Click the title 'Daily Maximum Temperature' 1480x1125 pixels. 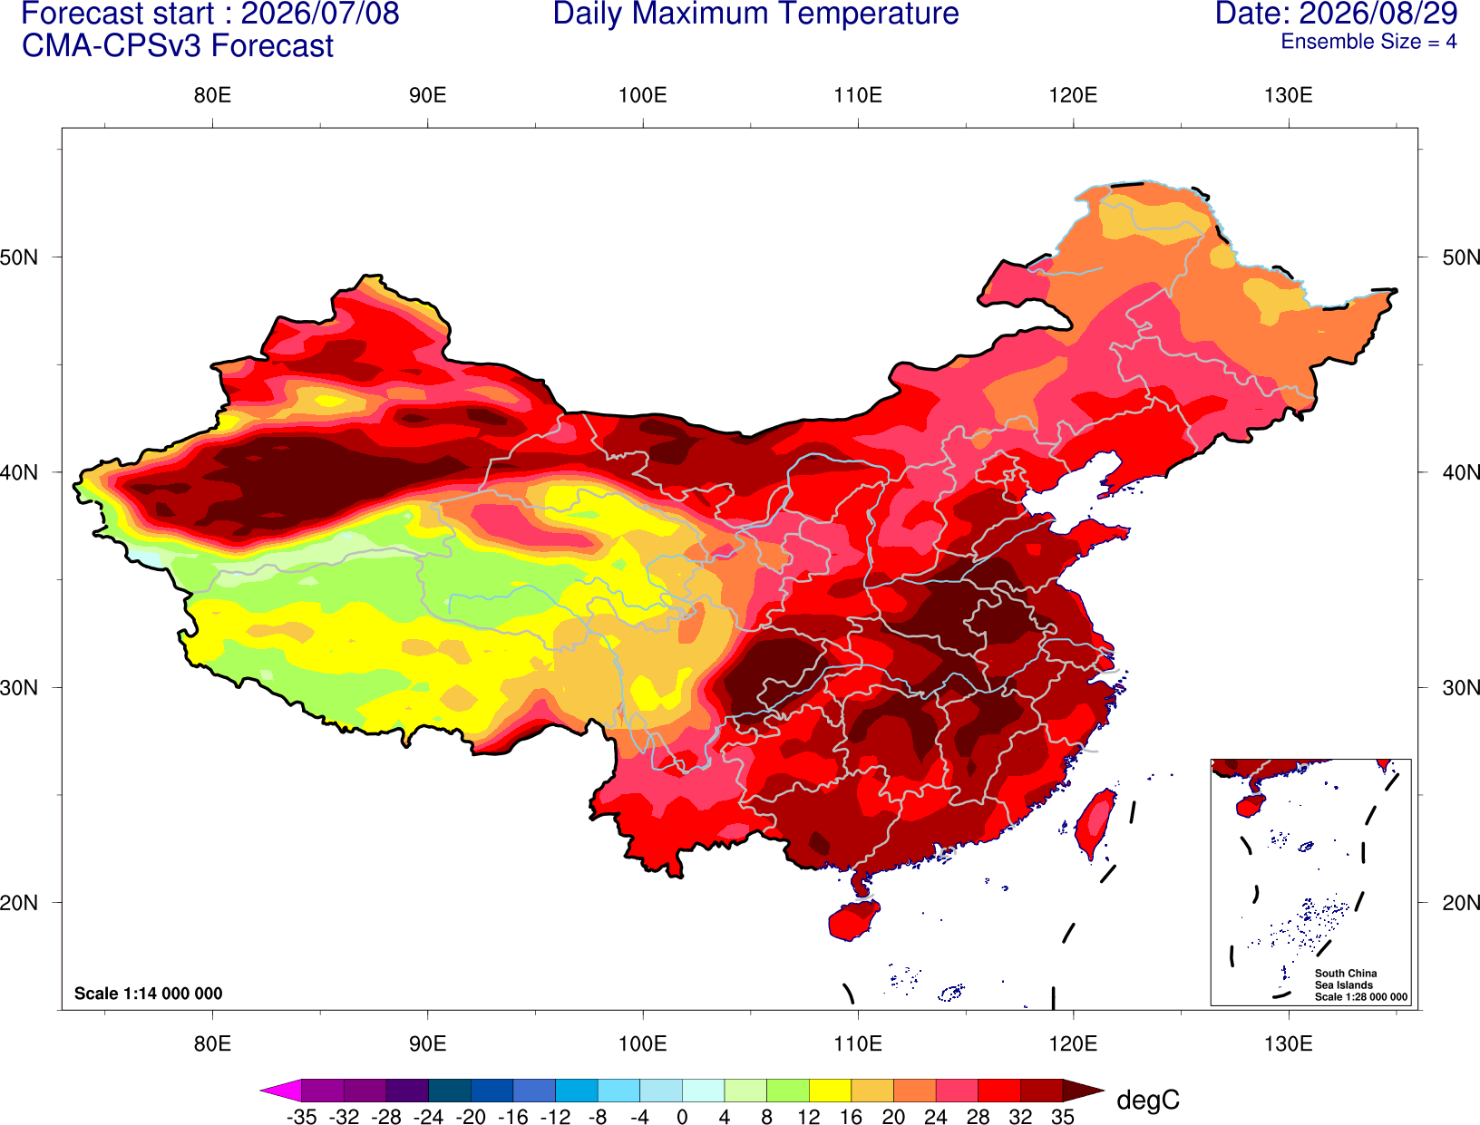755,14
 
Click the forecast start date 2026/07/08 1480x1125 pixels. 319,14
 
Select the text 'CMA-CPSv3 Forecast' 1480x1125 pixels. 178,46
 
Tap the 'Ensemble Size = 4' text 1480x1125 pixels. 1368,42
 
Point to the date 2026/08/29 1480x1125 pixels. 1378,14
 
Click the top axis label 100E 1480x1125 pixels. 643,95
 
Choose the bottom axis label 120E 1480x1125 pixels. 1073,1044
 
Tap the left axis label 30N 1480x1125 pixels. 19,687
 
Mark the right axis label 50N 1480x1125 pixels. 1460,257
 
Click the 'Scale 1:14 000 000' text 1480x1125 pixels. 149,993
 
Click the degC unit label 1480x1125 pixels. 1147,1100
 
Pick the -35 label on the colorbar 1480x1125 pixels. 301,1116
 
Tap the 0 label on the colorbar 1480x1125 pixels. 682,1116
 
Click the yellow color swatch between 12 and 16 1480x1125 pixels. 830,1090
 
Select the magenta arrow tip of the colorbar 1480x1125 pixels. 261,1090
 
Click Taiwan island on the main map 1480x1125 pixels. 1094,824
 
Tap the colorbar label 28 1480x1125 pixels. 978,1116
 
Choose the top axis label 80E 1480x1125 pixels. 212,95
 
